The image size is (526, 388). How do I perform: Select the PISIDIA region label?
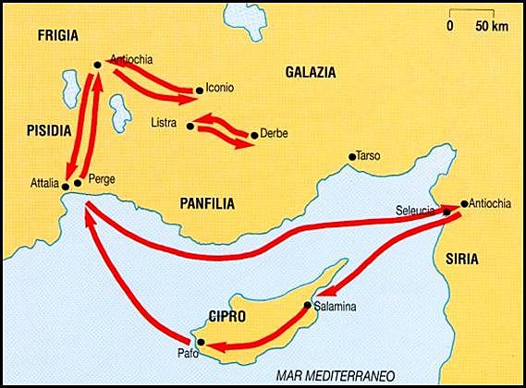(46, 131)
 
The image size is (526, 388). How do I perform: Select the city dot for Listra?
(189, 125)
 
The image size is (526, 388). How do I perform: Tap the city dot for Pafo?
(201, 341)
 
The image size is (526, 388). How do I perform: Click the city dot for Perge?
(79, 183)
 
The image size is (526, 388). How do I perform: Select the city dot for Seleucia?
(446, 212)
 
